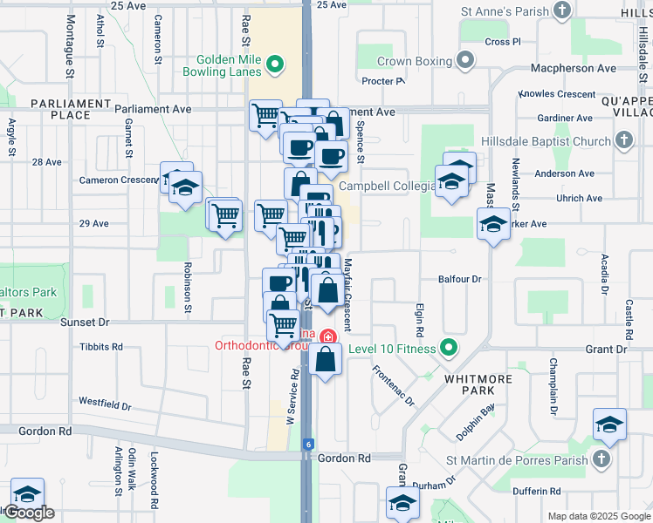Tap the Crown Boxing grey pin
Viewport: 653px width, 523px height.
(x=466, y=61)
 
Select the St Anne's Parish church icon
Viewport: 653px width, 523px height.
(x=563, y=11)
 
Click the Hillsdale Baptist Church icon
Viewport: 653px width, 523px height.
(x=623, y=140)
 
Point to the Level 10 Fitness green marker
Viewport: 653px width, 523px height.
(x=449, y=349)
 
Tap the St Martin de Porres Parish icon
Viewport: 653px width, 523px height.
(x=600, y=458)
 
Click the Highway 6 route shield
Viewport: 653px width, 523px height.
(x=308, y=445)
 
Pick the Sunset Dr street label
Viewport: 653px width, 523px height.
(x=85, y=322)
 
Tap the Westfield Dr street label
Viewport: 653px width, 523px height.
(x=105, y=405)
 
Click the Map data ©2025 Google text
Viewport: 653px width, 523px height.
(x=598, y=516)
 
